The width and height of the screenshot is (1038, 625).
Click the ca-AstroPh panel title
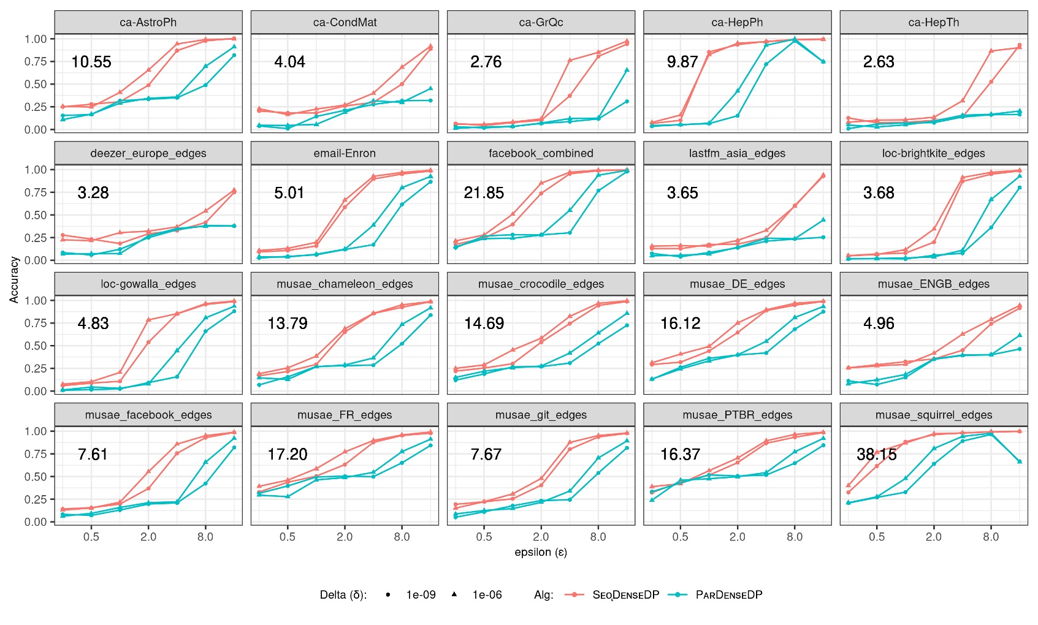[148, 23]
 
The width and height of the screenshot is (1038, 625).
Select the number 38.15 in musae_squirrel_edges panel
[876, 454]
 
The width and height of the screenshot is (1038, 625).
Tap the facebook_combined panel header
[540, 153]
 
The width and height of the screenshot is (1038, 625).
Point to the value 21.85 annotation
[483, 193]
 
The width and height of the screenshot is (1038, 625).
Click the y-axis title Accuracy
[14, 279]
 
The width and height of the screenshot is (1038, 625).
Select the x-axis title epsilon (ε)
[540, 552]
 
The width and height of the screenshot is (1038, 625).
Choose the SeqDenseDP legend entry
[625, 594]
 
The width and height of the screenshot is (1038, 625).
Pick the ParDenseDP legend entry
[728, 594]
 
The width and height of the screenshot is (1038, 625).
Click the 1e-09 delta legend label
[421, 594]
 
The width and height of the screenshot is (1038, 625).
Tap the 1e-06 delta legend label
[487, 594]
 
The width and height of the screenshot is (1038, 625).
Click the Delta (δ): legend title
[343, 594]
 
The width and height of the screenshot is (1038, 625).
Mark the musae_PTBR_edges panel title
[737, 415]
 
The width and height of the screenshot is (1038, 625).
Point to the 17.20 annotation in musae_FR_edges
[287, 454]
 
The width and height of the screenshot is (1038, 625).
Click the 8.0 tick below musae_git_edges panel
[598, 537]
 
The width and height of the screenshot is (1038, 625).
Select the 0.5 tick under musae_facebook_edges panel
[91, 537]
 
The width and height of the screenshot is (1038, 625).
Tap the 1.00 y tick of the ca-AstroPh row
[36, 39]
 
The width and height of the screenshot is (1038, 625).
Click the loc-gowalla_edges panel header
[148, 284]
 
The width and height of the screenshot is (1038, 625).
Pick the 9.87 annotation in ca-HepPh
[682, 62]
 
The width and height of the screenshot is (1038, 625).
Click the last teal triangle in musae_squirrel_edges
[1019, 461]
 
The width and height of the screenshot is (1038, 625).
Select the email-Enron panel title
[344, 153]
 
